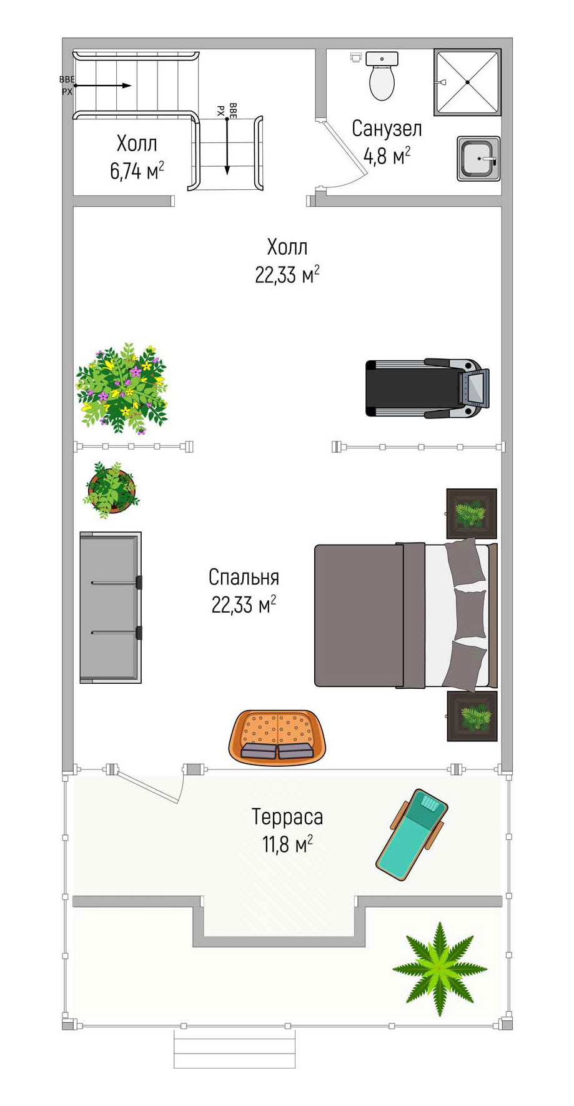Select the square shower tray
pos(468,82)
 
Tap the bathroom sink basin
pos(478,159)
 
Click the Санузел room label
pos(387,129)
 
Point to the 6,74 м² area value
pos(137,170)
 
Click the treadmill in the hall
pos(427,388)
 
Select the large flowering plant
pos(122,388)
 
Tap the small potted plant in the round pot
pos(111,490)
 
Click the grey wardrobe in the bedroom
pos(111,607)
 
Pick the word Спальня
pos(244,577)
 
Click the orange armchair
pos(277,738)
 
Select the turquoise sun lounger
pos(412,834)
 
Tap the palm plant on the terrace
pos(440,969)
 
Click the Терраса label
pos(287,817)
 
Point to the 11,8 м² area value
pos(287,845)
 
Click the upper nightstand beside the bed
pos(472,513)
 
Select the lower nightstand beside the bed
pos(472,716)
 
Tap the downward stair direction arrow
pos(227,144)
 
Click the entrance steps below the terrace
pos(234,1049)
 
